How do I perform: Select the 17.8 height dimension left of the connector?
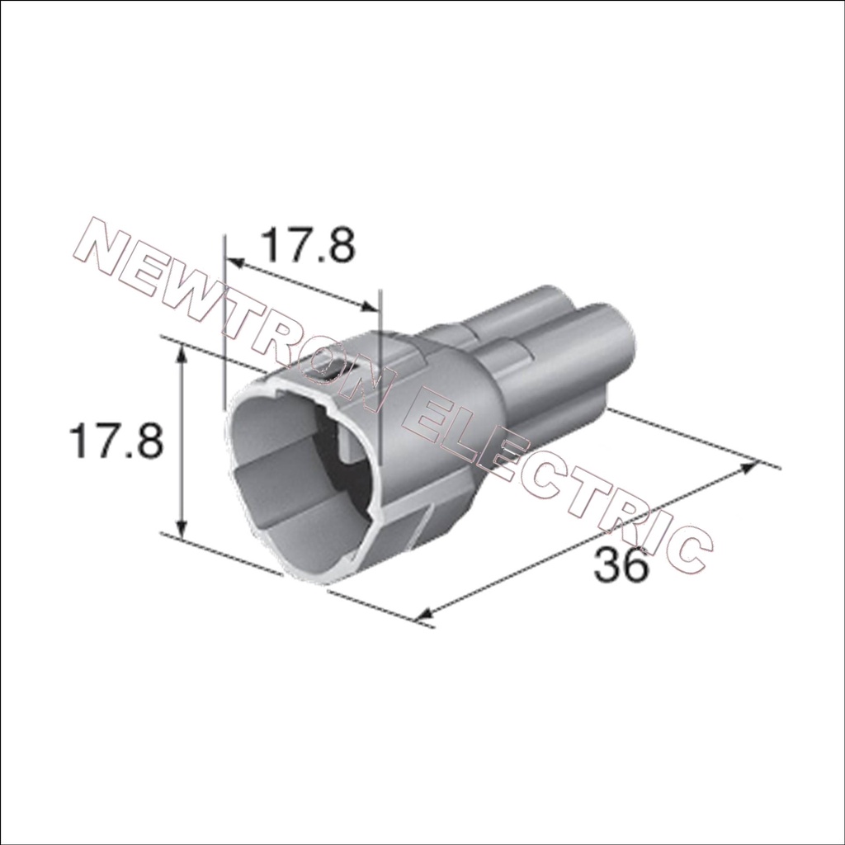[116, 441]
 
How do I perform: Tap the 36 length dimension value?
[620, 564]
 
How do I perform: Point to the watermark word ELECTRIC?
[560, 485]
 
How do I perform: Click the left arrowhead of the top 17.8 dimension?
[233, 262]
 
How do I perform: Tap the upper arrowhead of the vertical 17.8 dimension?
[182, 352]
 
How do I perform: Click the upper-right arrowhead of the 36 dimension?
[748, 467]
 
